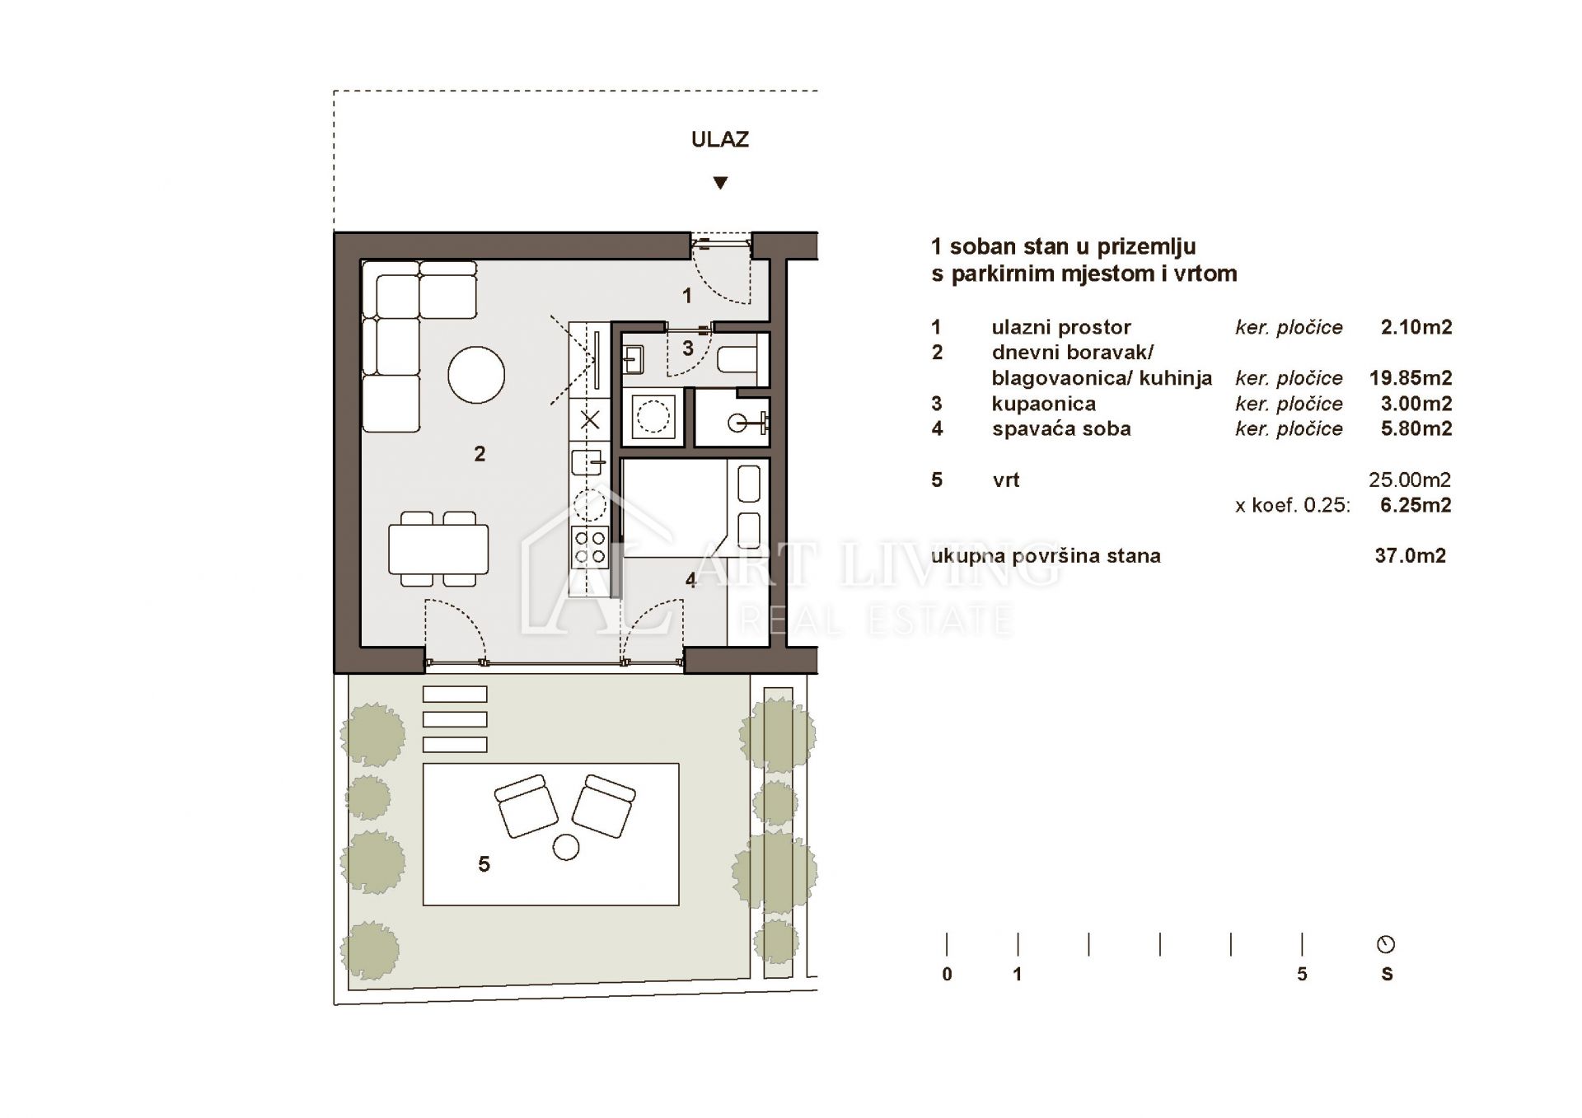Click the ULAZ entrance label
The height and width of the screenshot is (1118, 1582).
click(x=720, y=139)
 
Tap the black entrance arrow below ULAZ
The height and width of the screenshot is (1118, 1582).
click(x=720, y=183)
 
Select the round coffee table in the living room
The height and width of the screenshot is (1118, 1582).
click(x=476, y=375)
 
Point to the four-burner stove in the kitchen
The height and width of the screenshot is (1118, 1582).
click(x=590, y=547)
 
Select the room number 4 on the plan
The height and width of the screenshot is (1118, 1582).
click(x=690, y=581)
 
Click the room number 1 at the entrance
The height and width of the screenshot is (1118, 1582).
click(x=686, y=295)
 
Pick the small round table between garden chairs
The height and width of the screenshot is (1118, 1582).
click(x=566, y=847)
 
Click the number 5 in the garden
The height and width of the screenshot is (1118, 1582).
click(x=484, y=863)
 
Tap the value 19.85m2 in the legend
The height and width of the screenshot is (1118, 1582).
click(x=1411, y=378)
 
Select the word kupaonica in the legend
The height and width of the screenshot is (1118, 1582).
click(x=1044, y=404)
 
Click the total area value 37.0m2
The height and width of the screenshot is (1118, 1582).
click(x=1411, y=556)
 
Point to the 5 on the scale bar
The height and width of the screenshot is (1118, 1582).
click(x=1302, y=974)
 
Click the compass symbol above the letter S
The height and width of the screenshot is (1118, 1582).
click(x=1386, y=944)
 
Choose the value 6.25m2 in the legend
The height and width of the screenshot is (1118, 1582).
click(x=1416, y=505)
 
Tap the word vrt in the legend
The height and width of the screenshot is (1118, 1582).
click(x=1006, y=480)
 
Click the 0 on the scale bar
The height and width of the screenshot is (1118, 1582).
click(x=947, y=974)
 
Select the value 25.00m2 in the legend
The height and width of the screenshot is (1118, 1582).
click(x=1410, y=479)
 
